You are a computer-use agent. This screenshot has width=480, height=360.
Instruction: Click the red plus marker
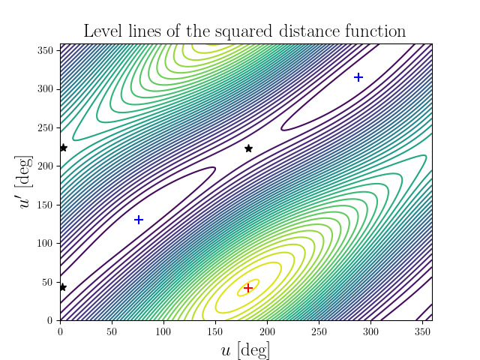pyautogui.click(x=248, y=287)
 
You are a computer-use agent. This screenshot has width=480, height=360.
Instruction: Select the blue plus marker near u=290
pyautogui.click(x=358, y=77)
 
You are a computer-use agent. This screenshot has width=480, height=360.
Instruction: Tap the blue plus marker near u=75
pyautogui.click(x=139, y=220)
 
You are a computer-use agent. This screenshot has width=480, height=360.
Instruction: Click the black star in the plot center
pyautogui.click(x=248, y=148)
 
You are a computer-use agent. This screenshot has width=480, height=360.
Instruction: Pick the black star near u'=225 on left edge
pyautogui.click(x=63, y=148)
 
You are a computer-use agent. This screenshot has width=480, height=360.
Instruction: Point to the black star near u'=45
pyautogui.click(x=63, y=287)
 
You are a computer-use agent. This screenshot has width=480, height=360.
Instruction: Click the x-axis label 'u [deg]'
pyautogui.click(x=245, y=349)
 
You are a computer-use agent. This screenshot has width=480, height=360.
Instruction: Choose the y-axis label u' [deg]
pyautogui.click(x=26, y=182)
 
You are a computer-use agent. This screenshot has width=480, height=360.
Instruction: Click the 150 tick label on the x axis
pyautogui.click(x=215, y=330)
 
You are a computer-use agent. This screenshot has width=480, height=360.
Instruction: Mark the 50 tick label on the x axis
pyautogui.click(x=112, y=330)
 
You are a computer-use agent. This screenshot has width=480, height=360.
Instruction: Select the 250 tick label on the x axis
pyautogui.click(x=318, y=330)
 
